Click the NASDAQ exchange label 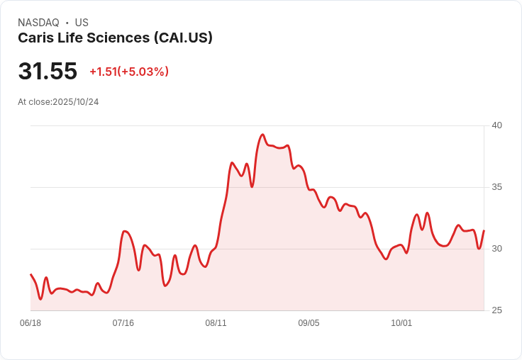pyautogui.click(x=38, y=23)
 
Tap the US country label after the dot pyautogui.click(x=82, y=23)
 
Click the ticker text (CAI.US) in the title pyautogui.click(x=183, y=38)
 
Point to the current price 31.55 pyautogui.click(x=48, y=72)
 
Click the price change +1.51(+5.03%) pyautogui.click(x=129, y=72)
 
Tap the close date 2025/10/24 pyautogui.click(x=75, y=102)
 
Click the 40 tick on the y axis pyautogui.click(x=497, y=125)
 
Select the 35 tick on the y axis pyautogui.click(x=497, y=187)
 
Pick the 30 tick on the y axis pyautogui.click(x=497, y=249)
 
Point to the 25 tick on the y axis pyautogui.click(x=497, y=310)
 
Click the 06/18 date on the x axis pyautogui.click(x=30, y=323)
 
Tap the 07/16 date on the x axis pyautogui.click(x=123, y=323)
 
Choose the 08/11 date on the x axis pyautogui.click(x=216, y=323)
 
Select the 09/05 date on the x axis pyautogui.click(x=309, y=323)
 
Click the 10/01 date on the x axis pyautogui.click(x=401, y=323)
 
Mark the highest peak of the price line pyautogui.click(x=262, y=135)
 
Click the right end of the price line pyautogui.click(x=484, y=231)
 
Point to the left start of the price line pyautogui.click(x=30, y=274)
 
